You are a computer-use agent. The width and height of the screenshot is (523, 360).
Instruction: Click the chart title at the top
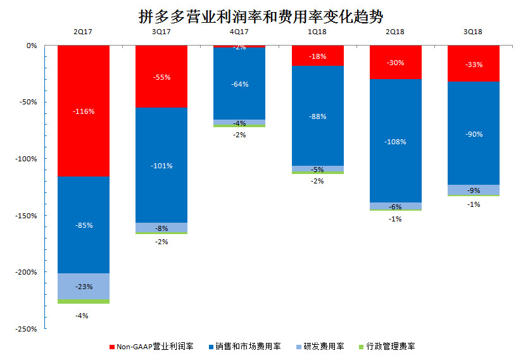(x=261, y=16)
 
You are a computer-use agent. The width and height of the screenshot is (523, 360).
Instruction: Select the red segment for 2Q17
(x=84, y=111)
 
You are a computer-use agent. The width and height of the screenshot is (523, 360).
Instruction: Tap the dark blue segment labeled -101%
(x=161, y=165)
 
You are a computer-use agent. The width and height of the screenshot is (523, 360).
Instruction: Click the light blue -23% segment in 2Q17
(x=84, y=286)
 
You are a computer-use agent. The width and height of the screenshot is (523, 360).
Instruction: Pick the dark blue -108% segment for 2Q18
(x=396, y=141)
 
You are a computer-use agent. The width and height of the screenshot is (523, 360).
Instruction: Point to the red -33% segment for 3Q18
(x=474, y=63)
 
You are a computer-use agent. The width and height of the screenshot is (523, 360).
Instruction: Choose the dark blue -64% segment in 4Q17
(x=239, y=84)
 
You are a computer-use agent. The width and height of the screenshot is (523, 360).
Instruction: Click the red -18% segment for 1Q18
(x=318, y=56)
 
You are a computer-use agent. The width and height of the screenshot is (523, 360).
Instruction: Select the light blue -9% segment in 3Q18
(x=474, y=190)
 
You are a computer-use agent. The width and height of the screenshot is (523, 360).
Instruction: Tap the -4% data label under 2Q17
(x=82, y=315)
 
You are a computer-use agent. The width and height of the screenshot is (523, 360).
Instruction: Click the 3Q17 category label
(x=161, y=31)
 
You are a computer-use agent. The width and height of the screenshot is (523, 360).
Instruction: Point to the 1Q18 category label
(x=317, y=31)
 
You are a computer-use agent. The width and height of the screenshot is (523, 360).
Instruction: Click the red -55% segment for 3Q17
(x=161, y=77)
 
